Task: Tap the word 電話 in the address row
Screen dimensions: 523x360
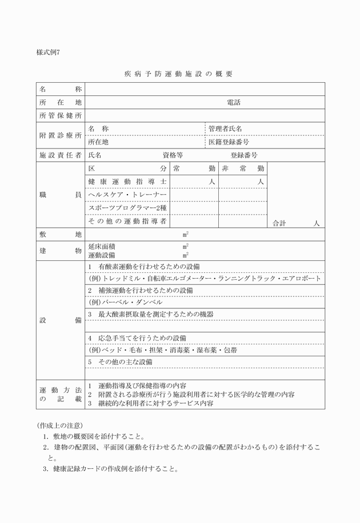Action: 233,103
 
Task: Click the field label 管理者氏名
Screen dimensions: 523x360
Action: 225,129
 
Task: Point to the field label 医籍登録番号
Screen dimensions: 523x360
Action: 229,142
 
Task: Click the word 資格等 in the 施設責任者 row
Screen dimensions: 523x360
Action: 173,155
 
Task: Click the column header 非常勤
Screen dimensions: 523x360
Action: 243,169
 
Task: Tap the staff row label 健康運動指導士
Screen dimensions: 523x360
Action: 127,182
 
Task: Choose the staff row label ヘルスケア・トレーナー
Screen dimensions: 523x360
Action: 127,195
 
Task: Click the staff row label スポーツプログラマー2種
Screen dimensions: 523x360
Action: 127,208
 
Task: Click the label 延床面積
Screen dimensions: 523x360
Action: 100,247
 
